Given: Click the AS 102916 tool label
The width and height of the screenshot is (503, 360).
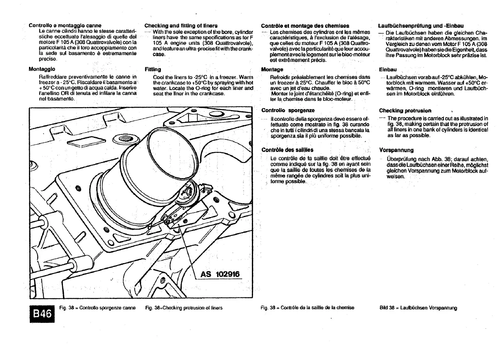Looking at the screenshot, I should click(220, 274).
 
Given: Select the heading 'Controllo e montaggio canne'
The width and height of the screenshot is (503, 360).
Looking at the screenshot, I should click(65, 25).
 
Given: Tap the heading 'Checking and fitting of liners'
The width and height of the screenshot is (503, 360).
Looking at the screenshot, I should click(181, 25).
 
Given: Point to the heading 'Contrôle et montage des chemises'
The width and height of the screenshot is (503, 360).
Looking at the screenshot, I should click(305, 25).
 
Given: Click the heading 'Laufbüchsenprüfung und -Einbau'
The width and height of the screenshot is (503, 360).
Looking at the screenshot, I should click(421, 25).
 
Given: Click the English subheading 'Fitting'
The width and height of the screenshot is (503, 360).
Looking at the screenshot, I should click(153, 70).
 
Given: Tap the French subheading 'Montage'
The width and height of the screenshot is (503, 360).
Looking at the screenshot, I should click(272, 70).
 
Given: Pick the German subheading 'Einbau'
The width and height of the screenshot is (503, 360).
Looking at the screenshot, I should click(388, 70).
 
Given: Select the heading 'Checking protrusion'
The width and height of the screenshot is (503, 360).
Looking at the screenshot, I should click(405, 110).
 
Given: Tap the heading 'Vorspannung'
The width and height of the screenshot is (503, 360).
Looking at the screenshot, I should click(396, 150).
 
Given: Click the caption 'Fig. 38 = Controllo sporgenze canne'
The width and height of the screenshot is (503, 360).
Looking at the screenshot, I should click(98, 308).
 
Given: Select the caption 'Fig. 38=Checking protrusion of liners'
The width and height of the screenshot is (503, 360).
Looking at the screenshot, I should click(184, 308).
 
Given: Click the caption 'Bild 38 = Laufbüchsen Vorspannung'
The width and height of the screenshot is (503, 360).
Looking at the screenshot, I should click(418, 308).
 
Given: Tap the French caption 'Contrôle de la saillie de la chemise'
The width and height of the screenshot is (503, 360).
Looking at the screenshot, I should click(308, 308).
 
